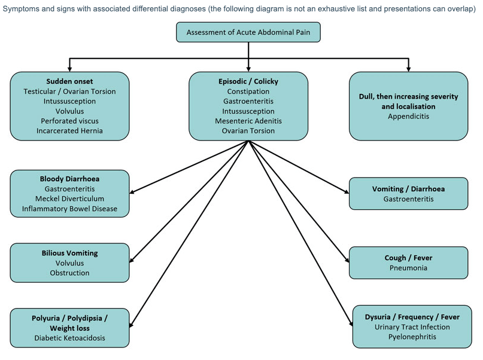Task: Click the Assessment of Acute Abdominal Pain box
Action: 248,32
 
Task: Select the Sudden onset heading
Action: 69,81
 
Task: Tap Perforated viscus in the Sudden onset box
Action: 69,121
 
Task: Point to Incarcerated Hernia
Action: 69,131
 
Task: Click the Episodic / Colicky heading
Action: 248,81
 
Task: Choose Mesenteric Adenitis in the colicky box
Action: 248,121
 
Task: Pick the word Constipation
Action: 248,91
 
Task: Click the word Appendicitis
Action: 408,116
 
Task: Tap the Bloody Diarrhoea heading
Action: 69,179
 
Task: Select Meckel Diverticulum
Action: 69,199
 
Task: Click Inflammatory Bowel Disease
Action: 69,209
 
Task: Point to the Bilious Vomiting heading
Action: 69,253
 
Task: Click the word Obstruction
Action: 69,273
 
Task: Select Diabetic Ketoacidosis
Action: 69,338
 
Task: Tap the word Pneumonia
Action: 408,268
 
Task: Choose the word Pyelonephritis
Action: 412,337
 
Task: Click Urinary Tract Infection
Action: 412,327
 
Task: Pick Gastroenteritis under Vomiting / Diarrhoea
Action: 408,199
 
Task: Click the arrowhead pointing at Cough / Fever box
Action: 347,260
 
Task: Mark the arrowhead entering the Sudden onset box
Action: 69,69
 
